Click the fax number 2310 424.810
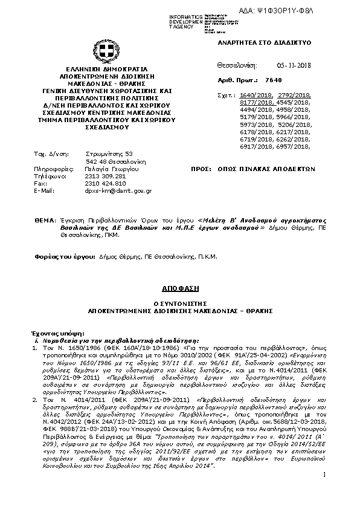coord(106,183)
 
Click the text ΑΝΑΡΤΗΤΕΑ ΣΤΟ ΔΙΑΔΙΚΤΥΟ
coord(263,44)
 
